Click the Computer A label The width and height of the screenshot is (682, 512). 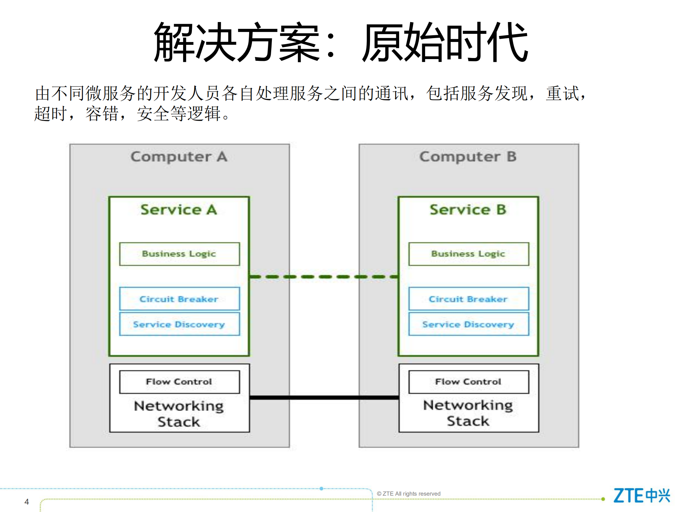tap(179, 157)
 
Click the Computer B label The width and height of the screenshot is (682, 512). tap(468, 157)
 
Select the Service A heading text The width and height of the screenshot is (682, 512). tap(179, 210)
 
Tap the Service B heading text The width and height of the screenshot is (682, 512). tap(468, 210)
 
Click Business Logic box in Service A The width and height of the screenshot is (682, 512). tap(179, 254)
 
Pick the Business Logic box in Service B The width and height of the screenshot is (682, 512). tap(468, 254)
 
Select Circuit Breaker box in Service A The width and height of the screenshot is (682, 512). tap(179, 299)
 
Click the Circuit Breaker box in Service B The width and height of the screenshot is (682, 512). tap(468, 299)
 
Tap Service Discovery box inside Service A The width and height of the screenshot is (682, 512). tap(179, 324)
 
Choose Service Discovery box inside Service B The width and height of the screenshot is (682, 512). tap(468, 324)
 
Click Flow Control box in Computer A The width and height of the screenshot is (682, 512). tap(179, 382)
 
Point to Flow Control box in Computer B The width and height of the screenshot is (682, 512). tap(468, 382)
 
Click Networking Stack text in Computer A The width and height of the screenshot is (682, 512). tap(179, 413)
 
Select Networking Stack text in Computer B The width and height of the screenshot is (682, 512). tap(468, 413)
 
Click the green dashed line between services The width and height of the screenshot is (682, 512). tap(323, 276)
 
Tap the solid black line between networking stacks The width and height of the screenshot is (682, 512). tap(323, 397)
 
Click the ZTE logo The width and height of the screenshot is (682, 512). tap(641, 495)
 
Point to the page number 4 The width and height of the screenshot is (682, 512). tap(27, 502)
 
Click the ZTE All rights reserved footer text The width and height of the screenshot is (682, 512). tap(408, 493)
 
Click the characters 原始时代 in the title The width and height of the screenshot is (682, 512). tap(444, 42)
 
